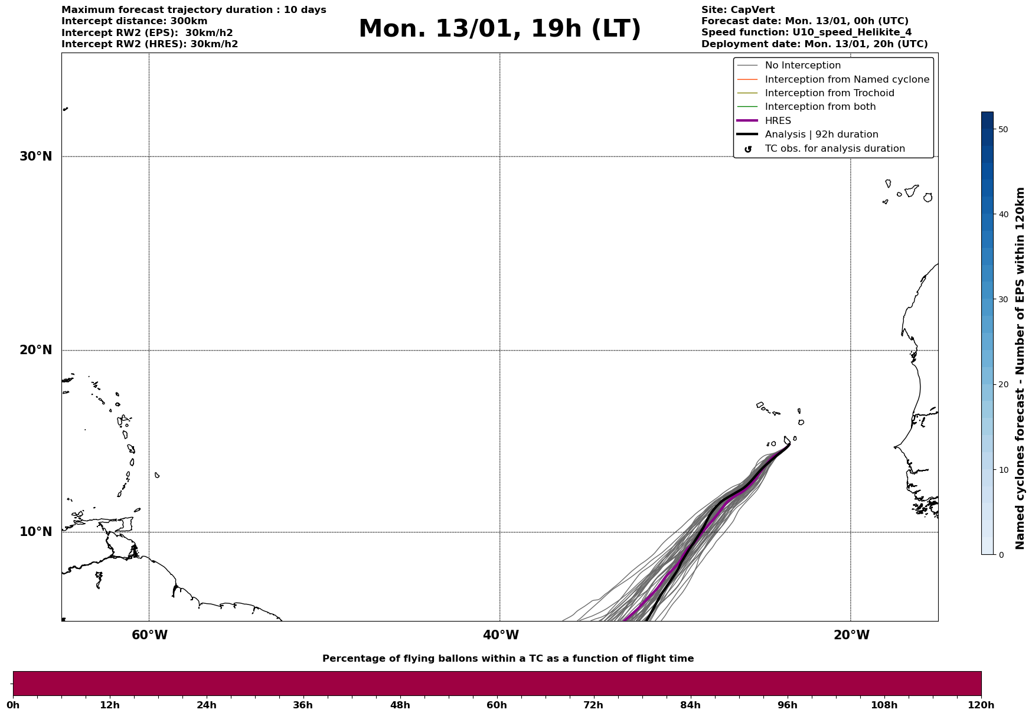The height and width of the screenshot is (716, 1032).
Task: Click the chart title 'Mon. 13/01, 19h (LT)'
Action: [499, 29]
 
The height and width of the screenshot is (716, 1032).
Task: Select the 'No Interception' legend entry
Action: [802, 66]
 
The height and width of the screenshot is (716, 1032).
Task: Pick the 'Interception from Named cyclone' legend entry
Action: [847, 80]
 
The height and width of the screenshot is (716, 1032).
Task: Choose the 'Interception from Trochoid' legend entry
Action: [829, 93]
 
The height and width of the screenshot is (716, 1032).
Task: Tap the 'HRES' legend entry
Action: [778, 121]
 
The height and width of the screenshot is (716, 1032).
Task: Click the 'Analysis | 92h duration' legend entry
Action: [821, 135]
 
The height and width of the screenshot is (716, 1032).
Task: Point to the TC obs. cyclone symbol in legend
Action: [747, 149]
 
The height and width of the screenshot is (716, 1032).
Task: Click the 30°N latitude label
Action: [35, 156]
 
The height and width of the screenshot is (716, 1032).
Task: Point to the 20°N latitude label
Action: [35, 350]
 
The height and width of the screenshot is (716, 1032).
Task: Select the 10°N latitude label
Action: [35, 532]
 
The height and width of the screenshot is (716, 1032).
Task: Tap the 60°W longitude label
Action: [149, 635]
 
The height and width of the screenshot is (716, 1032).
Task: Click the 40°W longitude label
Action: [501, 635]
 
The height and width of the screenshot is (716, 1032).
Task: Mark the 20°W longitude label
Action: [851, 635]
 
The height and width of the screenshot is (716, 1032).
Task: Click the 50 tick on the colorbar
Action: [1002, 129]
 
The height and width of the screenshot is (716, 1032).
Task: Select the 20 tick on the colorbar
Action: [1002, 385]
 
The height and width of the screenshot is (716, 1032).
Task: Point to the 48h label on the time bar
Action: [400, 705]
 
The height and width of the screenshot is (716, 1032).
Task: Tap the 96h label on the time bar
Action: [787, 705]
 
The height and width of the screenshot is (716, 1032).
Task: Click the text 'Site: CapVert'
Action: [737, 10]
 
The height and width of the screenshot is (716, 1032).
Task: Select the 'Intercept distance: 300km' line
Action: [134, 21]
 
